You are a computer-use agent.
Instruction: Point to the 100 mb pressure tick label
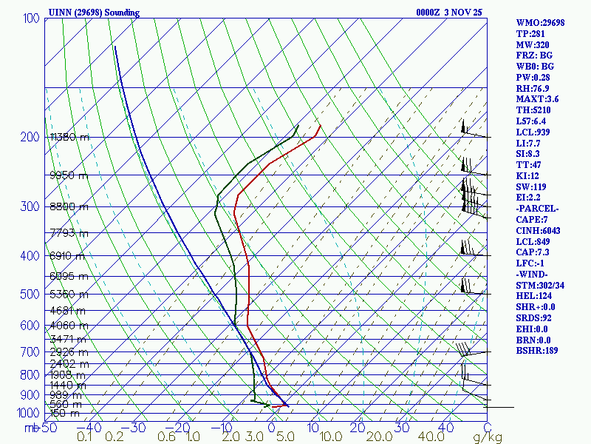tap(32, 18)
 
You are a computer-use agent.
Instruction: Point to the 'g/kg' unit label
tap(488, 437)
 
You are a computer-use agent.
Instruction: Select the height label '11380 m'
tap(69, 137)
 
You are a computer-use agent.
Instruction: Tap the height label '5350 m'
tap(69, 295)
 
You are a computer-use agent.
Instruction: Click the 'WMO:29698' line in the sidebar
tap(540, 23)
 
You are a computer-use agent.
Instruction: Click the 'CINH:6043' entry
tap(539, 231)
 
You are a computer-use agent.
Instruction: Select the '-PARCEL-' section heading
tap(538, 209)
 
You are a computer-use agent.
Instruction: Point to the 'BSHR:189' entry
tap(537, 351)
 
